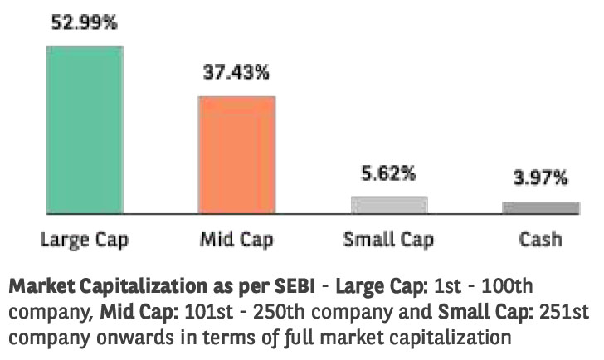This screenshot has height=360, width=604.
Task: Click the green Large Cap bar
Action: pyautogui.click(x=85, y=129)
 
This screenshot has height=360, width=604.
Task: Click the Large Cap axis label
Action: pyautogui.click(x=85, y=241)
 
